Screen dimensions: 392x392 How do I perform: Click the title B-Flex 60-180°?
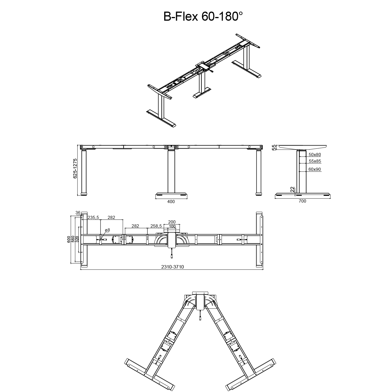tap(203, 16)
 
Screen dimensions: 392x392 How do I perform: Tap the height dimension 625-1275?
tap(75, 169)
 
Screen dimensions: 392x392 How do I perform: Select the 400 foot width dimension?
tap(171, 202)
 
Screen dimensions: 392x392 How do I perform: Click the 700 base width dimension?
tap(302, 201)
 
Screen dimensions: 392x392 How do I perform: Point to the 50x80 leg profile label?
tap(315, 155)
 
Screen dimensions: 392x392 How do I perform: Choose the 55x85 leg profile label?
tap(315, 161)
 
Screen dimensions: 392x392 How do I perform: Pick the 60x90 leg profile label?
tap(314, 169)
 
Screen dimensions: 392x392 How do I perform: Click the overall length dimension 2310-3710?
tap(172, 267)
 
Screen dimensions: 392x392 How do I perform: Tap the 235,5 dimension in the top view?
tap(93, 218)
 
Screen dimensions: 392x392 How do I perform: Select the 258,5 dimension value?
tap(156, 226)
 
